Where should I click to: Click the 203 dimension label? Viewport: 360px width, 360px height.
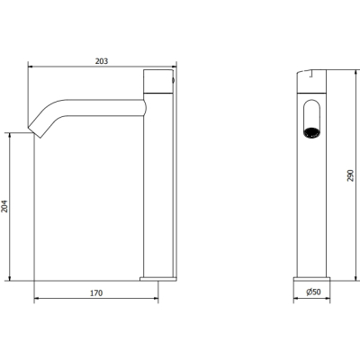point(102,61)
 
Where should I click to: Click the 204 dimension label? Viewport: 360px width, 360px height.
point(4,206)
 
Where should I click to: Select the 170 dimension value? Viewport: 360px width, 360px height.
point(96,292)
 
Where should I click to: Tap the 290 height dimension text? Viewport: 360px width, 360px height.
point(350,175)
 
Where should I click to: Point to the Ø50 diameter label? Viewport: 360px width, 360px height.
point(313,292)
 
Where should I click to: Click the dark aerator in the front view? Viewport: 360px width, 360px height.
point(311,132)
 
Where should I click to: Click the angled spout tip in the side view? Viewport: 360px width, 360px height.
point(35,131)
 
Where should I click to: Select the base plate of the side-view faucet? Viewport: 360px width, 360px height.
point(158,279)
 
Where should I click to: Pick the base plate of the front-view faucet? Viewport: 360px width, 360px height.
point(311,279)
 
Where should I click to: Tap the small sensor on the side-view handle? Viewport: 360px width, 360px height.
point(173,80)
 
